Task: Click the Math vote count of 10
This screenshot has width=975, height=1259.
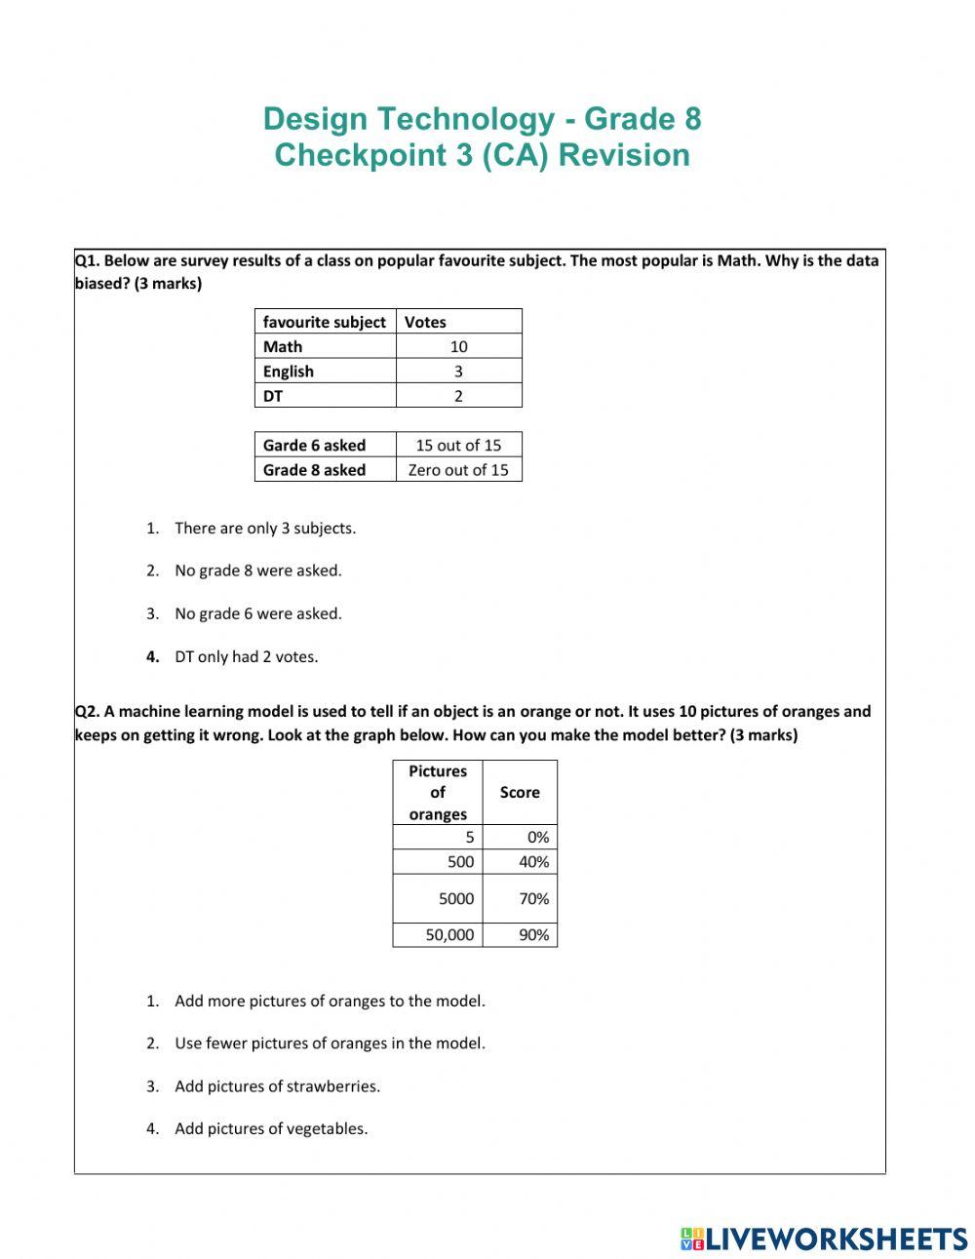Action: coord(458,346)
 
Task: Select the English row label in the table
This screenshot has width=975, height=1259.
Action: coord(289,372)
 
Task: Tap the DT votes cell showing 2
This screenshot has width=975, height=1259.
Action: coord(458,396)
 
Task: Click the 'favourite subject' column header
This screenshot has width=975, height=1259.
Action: coord(325,322)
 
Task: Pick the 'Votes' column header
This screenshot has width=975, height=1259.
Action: coord(425,322)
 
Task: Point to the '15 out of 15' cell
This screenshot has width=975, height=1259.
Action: coord(458,445)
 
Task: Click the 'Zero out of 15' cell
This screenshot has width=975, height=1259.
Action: coord(458,470)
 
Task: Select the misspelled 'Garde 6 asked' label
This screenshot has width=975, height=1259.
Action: coord(314,445)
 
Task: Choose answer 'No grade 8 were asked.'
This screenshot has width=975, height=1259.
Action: coord(258,570)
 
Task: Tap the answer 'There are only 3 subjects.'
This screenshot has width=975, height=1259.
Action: coord(265,528)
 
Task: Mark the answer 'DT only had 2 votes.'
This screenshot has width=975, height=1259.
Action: coord(247,656)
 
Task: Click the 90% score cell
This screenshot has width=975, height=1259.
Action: coord(533,934)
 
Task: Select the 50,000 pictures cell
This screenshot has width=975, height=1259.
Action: coord(449,934)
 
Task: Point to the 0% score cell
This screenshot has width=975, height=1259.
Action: coord(537,837)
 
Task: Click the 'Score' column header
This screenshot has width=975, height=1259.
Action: coord(520,792)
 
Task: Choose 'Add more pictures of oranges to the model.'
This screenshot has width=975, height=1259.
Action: coord(330,1001)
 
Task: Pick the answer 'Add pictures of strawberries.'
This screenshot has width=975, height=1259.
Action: coord(277,1085)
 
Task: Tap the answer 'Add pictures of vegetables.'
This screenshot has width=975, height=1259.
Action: coord(271,1128)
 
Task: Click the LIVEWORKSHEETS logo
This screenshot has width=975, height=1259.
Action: coord(824,1239)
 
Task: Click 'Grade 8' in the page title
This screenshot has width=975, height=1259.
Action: coord(643,119)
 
